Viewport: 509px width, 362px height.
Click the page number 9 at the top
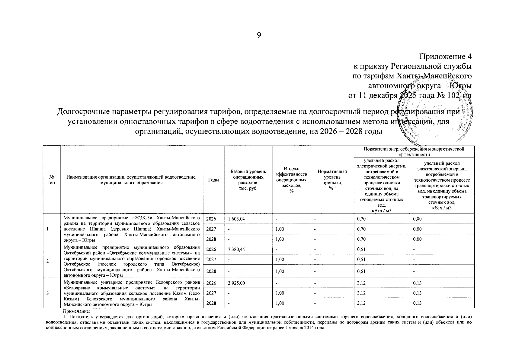[x=259, y=36]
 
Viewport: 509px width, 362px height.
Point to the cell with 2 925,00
[x=236, y=283]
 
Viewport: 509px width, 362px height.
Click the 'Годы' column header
[x=214, y=180]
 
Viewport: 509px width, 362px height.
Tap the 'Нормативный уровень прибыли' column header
[x=332, y=179]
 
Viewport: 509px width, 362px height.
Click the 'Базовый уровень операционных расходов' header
[x=248, y=179]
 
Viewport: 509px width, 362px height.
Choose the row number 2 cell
[x=48, y=261]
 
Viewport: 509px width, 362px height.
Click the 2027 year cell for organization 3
[x=211, y=293]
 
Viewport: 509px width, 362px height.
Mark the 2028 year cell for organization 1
[x=211, y=239]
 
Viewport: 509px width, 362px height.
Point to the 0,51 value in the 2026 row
[x=361, y=249]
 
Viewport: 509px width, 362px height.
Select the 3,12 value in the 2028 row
[x=361, y=303]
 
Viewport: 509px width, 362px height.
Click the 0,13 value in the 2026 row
[x=417, y=283]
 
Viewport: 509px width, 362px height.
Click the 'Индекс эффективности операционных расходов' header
[x=291, y=179]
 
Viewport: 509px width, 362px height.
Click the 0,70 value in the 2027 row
[x=361, y=229]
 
